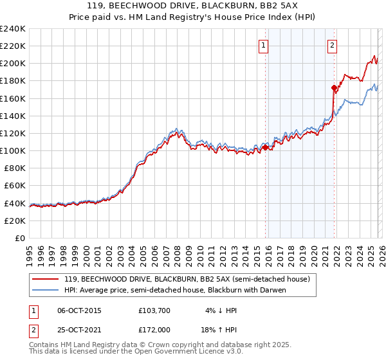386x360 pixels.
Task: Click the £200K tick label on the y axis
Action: [13, 64]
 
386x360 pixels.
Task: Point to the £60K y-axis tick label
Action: [15, 186]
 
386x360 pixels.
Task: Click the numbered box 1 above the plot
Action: [264, 45]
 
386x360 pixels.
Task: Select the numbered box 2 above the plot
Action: [332, 45]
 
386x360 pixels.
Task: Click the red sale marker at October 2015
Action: [265, 148]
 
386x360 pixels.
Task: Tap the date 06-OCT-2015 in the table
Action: [79, 310]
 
